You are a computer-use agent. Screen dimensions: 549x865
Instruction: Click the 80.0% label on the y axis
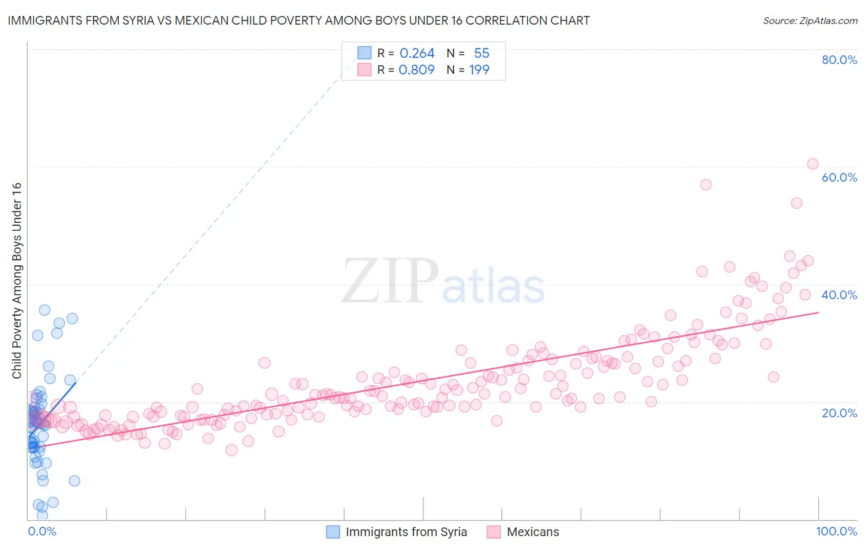tap(839, 60)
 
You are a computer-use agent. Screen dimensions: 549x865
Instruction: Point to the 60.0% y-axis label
tap(839, 177)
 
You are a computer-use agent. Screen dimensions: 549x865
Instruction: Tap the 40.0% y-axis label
tap(839, 295)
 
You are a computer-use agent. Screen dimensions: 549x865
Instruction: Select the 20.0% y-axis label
tap(839, 412)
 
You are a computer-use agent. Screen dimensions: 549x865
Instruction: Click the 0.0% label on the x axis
tap(42, 531)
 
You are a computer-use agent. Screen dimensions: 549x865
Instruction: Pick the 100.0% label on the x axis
tap(836, 531)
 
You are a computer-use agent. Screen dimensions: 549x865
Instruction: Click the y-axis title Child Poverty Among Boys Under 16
tap(17, 281)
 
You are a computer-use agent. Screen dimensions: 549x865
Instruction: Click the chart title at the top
tap(298, 20)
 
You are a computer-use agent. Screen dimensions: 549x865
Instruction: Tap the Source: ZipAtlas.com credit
tap(810, 20)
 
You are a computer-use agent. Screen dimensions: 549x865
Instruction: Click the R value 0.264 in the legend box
tap(417, 54)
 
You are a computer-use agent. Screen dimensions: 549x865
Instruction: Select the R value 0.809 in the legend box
tap(417, 70)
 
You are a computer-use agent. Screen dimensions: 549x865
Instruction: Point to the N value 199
tap(479, 70)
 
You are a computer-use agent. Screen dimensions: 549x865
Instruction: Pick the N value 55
tap(482, 54)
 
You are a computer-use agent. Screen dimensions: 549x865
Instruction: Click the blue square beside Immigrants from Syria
tap(333, 532)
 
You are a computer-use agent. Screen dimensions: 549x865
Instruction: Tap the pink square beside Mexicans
tap(493, 532)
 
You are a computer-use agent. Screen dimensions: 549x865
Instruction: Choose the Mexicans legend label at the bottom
tap(533, 532)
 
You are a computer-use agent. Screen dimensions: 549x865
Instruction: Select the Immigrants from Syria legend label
tap(406, 532)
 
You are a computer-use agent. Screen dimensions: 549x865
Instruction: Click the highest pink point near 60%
tap(812, 164)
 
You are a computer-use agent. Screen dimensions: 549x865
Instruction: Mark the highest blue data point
tap(44, 310)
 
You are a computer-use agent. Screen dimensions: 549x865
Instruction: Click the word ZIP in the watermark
tap(389, 282)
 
